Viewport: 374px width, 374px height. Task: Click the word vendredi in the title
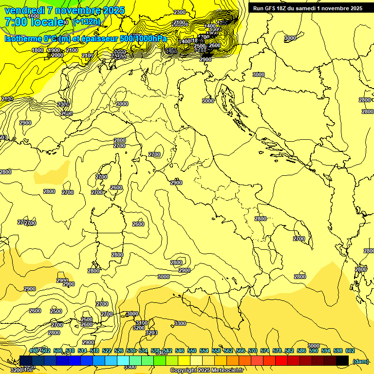coord(24,10)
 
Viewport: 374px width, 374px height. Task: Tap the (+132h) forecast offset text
coord(86,21)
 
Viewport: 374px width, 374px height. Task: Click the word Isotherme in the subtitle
coord(22,38)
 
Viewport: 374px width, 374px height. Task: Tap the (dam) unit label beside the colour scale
coord(360,361)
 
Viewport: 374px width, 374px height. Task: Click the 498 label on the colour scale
coord(34,351)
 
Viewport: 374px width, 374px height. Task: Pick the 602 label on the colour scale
coord(350,351)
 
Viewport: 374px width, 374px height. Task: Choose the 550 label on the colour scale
coord(192,351)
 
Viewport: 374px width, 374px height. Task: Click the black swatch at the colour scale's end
coord(342,360)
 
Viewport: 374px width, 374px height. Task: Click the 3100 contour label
coord(141,323)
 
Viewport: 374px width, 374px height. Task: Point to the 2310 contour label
coord(67,113)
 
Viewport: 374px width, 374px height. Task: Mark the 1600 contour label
coord(34,16)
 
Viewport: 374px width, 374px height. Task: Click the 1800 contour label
coord(37,50)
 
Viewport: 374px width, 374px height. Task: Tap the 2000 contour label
coord(57,55)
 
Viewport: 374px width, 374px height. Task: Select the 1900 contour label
coord(54,50)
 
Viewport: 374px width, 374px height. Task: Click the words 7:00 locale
coord(34,22)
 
